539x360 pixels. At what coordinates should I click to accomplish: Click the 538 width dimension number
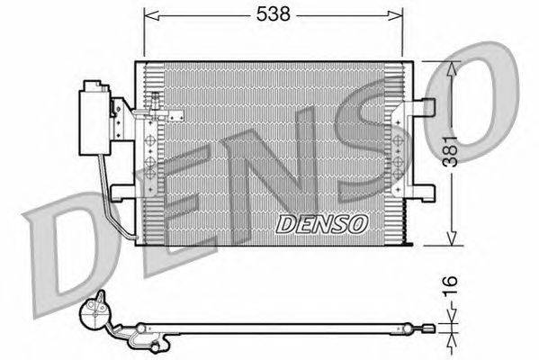point(274,14)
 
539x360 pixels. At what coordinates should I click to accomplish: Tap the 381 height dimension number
point(450,151)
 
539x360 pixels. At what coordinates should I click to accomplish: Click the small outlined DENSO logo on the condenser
point(322,224)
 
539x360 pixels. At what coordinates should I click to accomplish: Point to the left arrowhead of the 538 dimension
point(151,15)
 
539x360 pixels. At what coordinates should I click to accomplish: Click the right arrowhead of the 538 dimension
point(395,15)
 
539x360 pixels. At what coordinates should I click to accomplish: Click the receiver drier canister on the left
point(94,118)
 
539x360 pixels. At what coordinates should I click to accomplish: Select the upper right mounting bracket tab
point(424,106)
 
